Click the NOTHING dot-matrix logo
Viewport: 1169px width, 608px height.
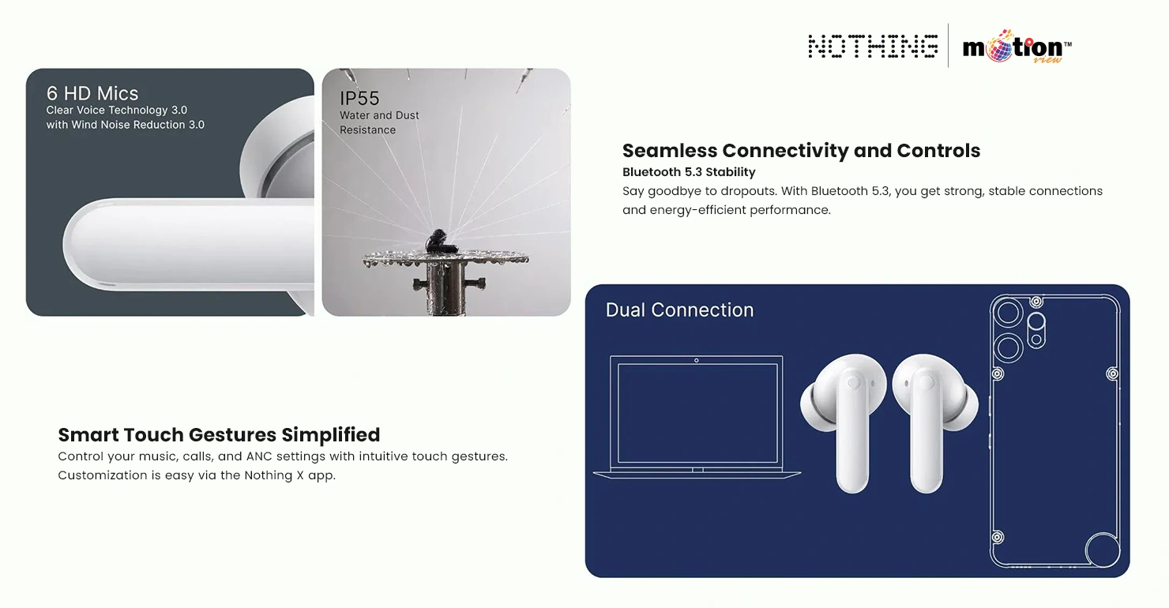tap(873, 47)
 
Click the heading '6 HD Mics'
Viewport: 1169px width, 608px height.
tap(92, 93)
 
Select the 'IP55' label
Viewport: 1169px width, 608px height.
tap(359, 98)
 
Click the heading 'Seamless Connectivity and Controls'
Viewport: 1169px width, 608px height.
tap(801, 150)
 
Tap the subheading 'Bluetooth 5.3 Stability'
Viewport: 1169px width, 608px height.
tap(689, 172)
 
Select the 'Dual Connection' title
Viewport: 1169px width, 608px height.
tap(679, 310)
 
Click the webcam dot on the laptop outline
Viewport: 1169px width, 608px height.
tap(696, 361)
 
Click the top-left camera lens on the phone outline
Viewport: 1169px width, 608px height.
tap(1008, 313)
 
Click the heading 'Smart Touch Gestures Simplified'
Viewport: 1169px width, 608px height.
tap(219, 435)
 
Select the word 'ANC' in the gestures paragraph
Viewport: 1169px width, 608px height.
tap(259, 456)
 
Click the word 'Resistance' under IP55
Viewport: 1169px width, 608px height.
tap(367, 130)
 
